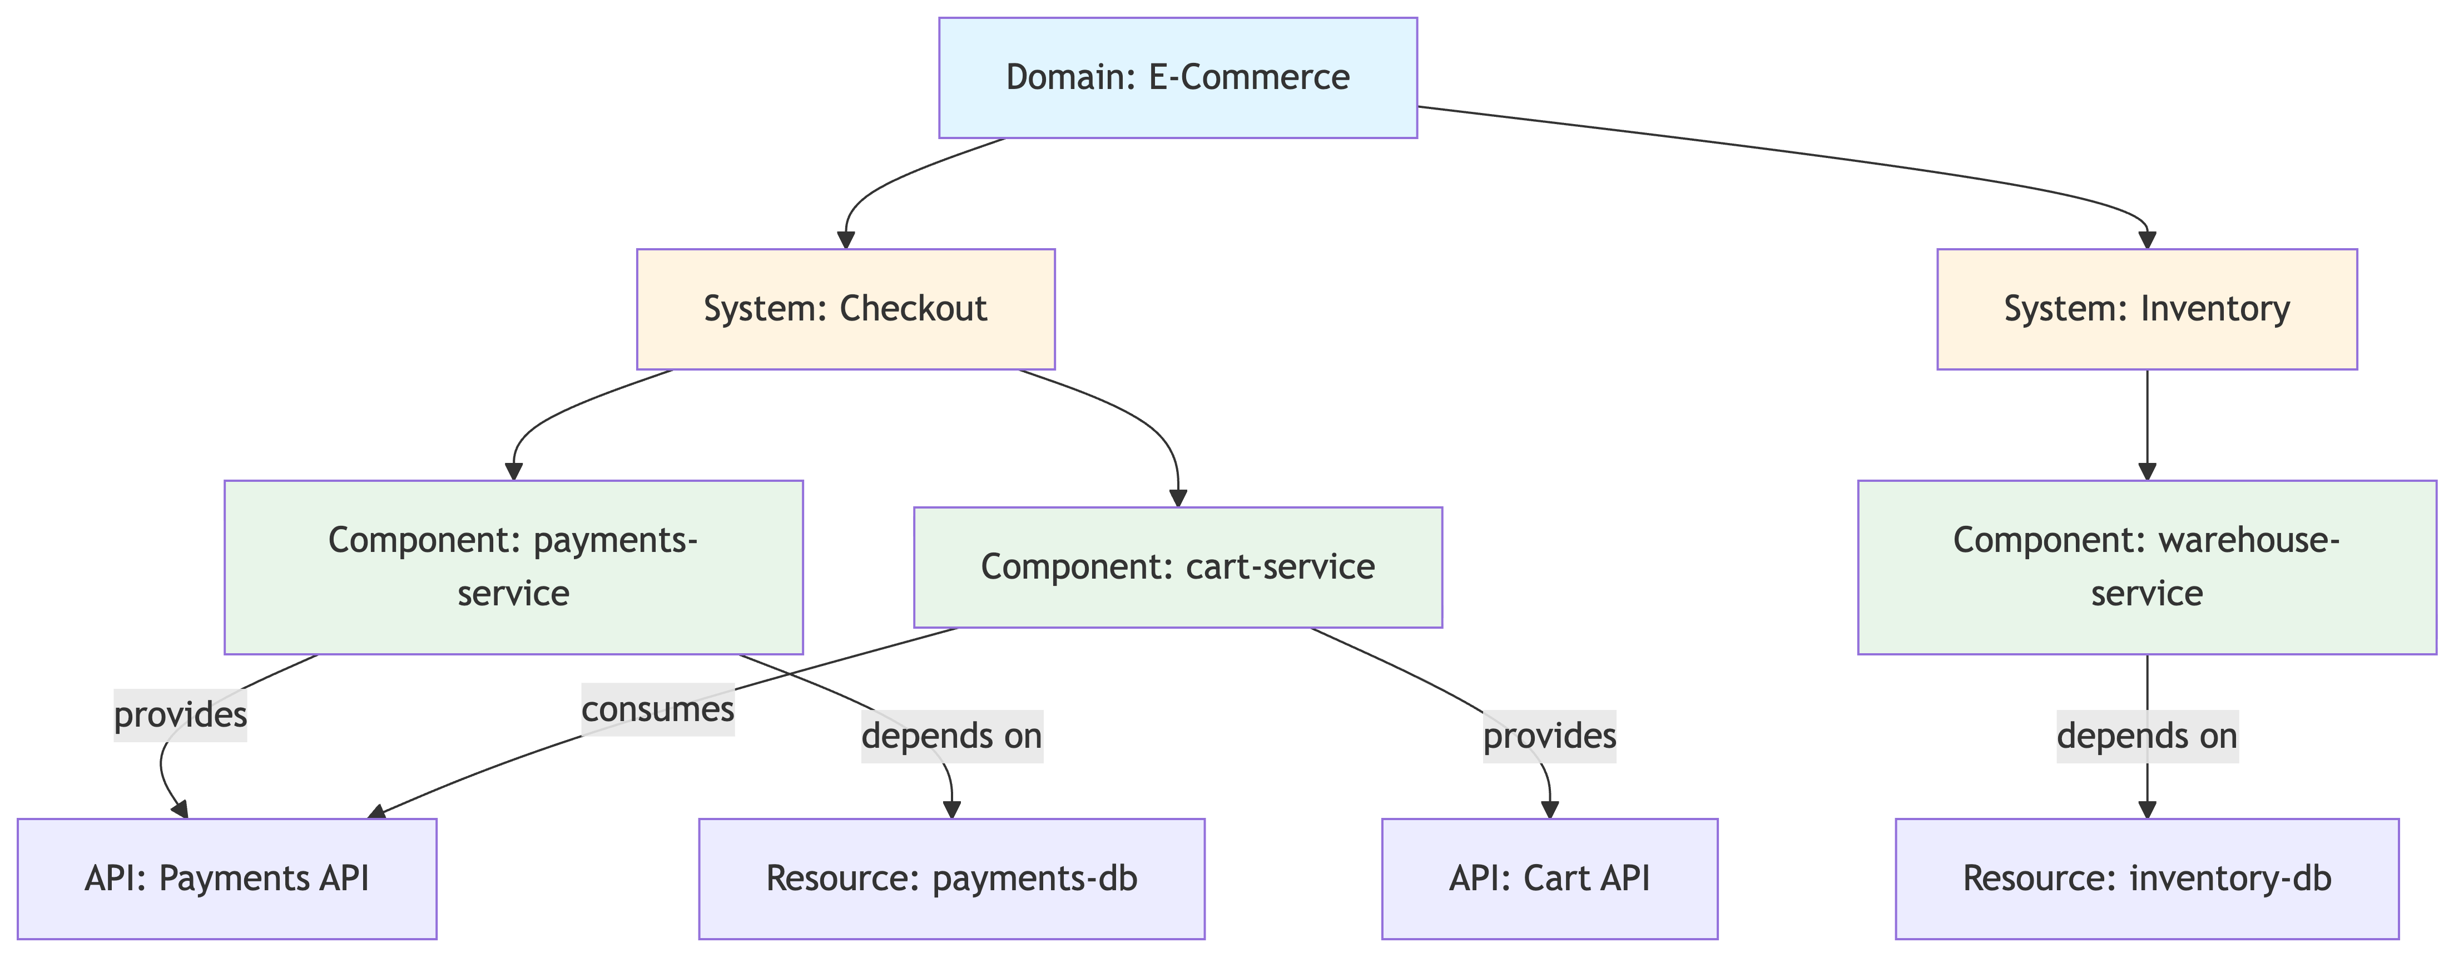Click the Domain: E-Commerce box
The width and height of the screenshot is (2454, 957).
(1177, 78)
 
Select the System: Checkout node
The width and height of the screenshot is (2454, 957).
(845, 309)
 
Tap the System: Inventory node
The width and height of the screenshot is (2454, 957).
(2146, 309)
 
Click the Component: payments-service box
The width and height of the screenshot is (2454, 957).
(513, 567)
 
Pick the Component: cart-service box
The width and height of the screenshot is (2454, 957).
(1177, 567)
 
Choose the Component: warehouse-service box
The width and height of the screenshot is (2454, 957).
(2146, 567)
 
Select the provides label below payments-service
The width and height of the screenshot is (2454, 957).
(180, 715)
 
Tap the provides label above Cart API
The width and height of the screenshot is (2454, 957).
(1549, 736)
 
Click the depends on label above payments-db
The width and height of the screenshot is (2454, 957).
(951, 736)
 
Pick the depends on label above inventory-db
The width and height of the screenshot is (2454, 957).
(2146, 736)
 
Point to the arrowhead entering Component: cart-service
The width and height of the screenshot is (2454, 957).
(1178, 497)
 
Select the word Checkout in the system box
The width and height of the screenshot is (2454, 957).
(913, 309)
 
